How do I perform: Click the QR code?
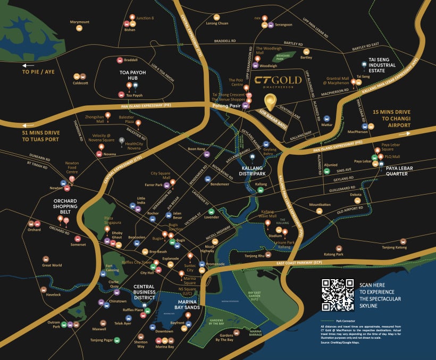click(x=338, y=295)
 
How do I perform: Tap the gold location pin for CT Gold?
click(x=271, y=101)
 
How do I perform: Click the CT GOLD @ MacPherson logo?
click(x=278, y=81)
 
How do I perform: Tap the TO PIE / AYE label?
click(x=38, y=71)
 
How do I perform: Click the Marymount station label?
click(x=80, y=22)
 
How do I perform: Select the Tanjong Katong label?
click(x=394, y=247)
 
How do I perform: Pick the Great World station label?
click(x=52, y=265)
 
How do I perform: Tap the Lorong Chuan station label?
click(x=216, y=24)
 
